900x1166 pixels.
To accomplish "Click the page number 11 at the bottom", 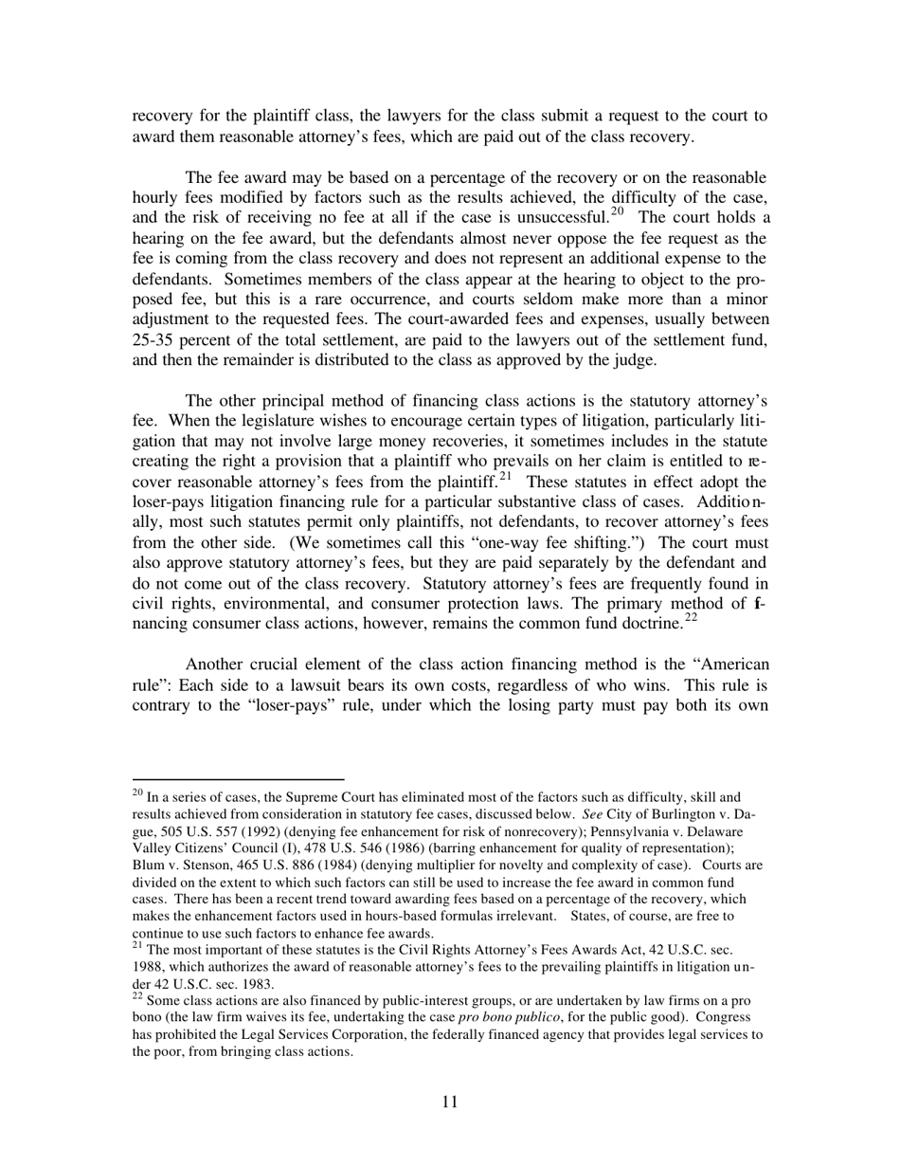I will click(449, 1102).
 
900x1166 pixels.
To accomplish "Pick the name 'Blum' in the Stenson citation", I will click(148, 865).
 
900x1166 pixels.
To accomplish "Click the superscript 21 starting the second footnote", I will click(137, 945).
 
